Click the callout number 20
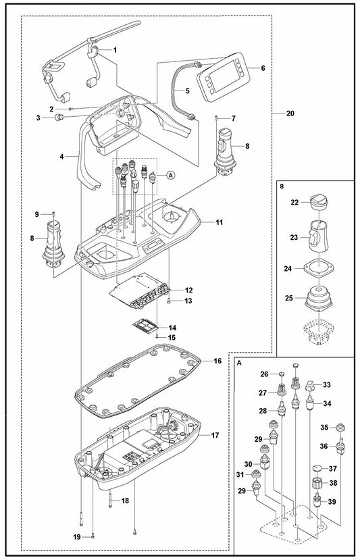290,113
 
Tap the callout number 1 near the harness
114,49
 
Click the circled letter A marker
170,174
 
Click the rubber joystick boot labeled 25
316,298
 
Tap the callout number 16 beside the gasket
218,361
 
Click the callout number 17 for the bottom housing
214,436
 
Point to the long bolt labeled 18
109,501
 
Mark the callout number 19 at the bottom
77,536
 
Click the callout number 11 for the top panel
219,222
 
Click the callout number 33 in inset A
328,385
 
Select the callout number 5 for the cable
168,90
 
